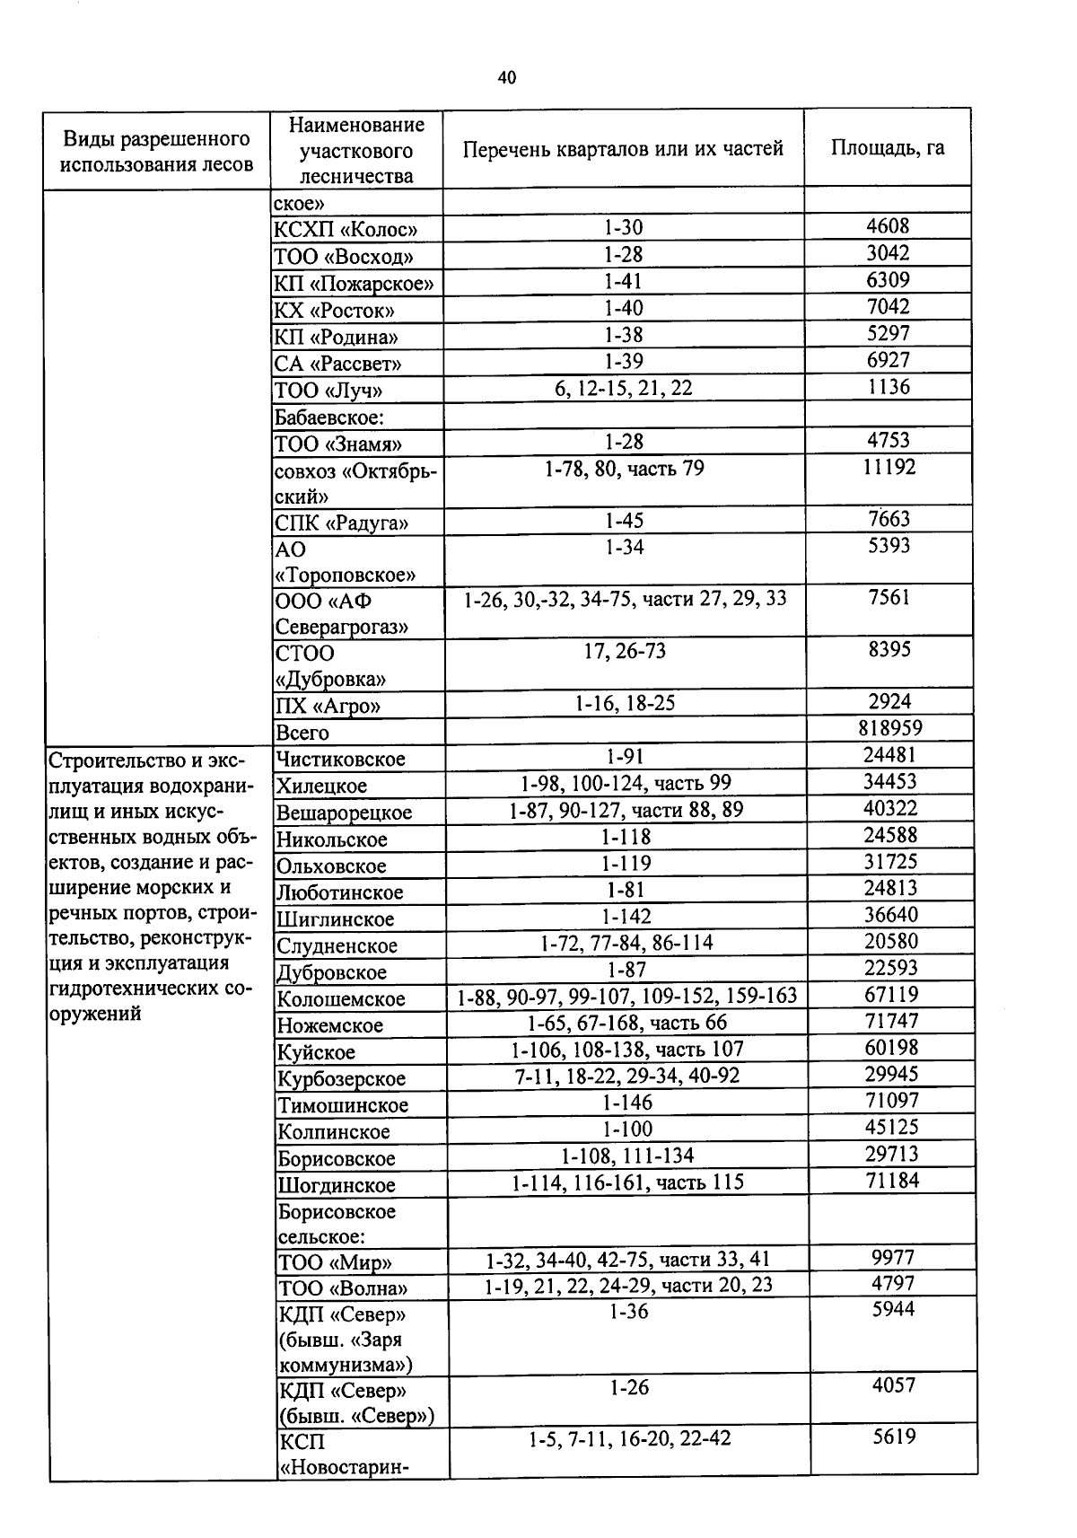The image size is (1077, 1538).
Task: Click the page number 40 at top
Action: click(x=507, y=78)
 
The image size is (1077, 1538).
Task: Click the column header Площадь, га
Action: click(x=887, y=148)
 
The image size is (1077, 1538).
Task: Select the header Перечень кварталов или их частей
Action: click(x=623, y=149)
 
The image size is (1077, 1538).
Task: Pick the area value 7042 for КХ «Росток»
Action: click(x=888, y=307)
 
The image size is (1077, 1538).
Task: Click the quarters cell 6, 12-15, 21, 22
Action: click(x=623, y=388)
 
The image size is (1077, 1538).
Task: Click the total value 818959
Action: click(x=889, y=728)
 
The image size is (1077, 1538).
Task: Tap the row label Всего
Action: click(x=302, y=733)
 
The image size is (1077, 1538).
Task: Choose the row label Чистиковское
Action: click(x=341, y=760)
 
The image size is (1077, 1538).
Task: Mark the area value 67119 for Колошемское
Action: click(x=890, y=995)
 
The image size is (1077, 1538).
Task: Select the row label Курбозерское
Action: click(x=341, y=1079)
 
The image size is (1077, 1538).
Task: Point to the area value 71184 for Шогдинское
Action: click(x=891, y=1181)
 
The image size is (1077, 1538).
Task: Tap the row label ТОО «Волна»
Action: click(x=342, y=1288)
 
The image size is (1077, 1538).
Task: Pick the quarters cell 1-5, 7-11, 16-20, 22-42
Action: click(x=629, y=1439)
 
